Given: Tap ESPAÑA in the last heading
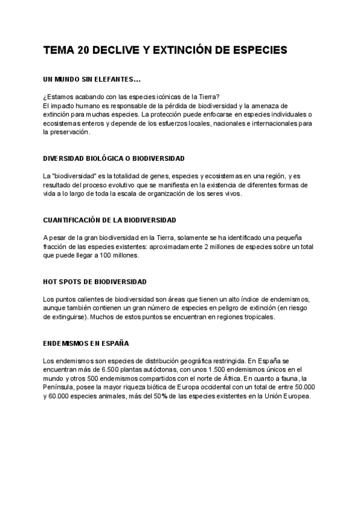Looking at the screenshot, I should pos(115,343).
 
